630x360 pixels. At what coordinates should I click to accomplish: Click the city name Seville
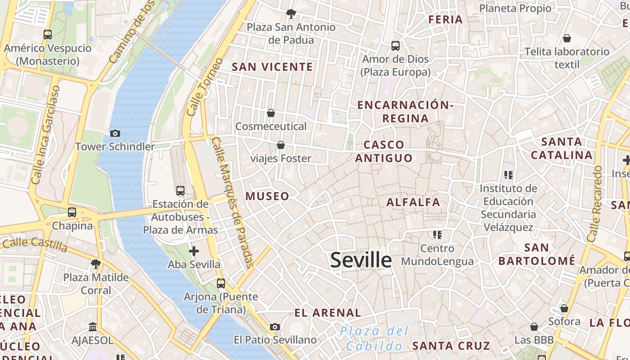(x=361, y=261)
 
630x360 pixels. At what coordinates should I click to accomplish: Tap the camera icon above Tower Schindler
(x=115, y=133)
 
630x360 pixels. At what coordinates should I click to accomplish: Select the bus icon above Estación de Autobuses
(x=180, y=191)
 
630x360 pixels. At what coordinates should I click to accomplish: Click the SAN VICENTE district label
(x=272, y=67)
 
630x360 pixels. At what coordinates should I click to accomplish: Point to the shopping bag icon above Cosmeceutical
(x=271, y=112)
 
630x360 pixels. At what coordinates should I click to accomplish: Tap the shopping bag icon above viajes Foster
(x=281, y=145)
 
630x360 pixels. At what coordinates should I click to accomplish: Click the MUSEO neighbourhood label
(x=267, y=196)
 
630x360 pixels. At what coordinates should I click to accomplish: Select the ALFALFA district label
(x=413, y=202)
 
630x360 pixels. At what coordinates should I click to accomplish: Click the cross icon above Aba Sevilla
(x=194, y=251)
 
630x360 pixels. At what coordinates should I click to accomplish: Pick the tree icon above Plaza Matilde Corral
(x=95, y=264)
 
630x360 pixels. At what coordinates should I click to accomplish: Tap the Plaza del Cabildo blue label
(x=374, y=338)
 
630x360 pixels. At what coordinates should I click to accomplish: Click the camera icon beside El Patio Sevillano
(x=275, y=327)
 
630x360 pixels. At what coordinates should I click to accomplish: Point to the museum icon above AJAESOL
(x=93, y=327)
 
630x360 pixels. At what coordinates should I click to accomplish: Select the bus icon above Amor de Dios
(x=396, y=45)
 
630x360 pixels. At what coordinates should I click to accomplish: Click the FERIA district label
(x=445, y=19)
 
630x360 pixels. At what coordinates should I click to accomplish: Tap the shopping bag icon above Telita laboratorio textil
(x=567, y=38)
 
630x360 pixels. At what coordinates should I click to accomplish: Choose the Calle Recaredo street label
(x=594, y=203)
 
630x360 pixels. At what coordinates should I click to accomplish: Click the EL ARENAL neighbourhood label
(x=328, y=313)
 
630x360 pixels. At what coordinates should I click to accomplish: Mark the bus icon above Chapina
(x=72, y=212)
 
